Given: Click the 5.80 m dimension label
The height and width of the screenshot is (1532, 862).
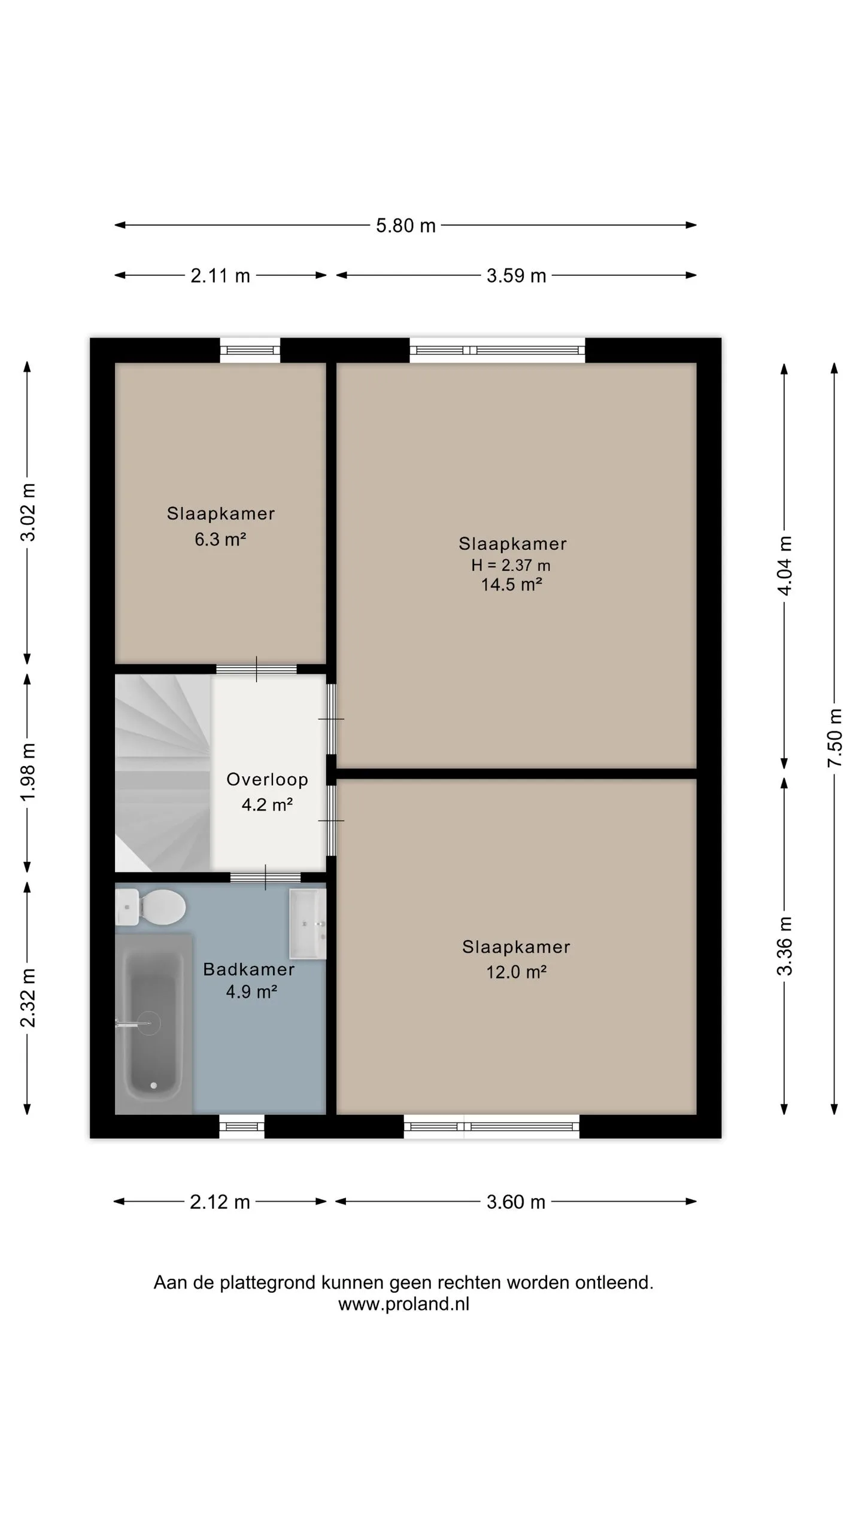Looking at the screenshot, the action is coord(405,226).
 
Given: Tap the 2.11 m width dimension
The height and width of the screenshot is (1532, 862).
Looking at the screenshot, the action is coord(220,276).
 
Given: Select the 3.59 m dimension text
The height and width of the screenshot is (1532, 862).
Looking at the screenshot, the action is coord(516,276).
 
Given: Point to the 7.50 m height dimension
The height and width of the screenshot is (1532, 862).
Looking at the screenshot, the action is coord(835,737).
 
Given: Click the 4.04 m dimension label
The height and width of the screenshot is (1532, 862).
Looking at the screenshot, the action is coord(785,566).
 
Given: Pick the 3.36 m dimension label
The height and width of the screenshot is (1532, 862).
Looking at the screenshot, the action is coord(785,946).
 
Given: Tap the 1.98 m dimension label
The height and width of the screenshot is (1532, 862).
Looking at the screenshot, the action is coord(28,772).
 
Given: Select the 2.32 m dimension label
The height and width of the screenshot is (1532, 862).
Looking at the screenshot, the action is coord(28,998).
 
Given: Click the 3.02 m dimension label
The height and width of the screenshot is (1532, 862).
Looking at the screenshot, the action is coord(28,512).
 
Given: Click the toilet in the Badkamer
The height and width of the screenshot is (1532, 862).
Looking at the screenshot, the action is coord(150,907).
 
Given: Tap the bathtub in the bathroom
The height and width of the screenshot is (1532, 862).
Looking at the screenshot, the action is coord(154,1024).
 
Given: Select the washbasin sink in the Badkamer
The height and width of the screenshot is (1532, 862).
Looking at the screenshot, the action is coord(308,924).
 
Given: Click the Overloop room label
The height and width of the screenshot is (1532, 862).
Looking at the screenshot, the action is coord(267,779).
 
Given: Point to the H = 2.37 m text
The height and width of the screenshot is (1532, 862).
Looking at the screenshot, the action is coord(511,565).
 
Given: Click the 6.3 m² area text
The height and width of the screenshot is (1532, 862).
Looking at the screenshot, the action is coord(220,539).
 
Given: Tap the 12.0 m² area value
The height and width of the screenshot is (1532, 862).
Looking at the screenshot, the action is coord(516,972).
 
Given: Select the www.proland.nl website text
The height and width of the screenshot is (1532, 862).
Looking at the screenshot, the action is coord(404,1304).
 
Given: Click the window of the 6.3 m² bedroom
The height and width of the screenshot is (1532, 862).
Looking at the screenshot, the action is coord(250,351).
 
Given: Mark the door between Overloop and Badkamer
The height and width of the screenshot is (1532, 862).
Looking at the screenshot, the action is coord(266,878).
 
